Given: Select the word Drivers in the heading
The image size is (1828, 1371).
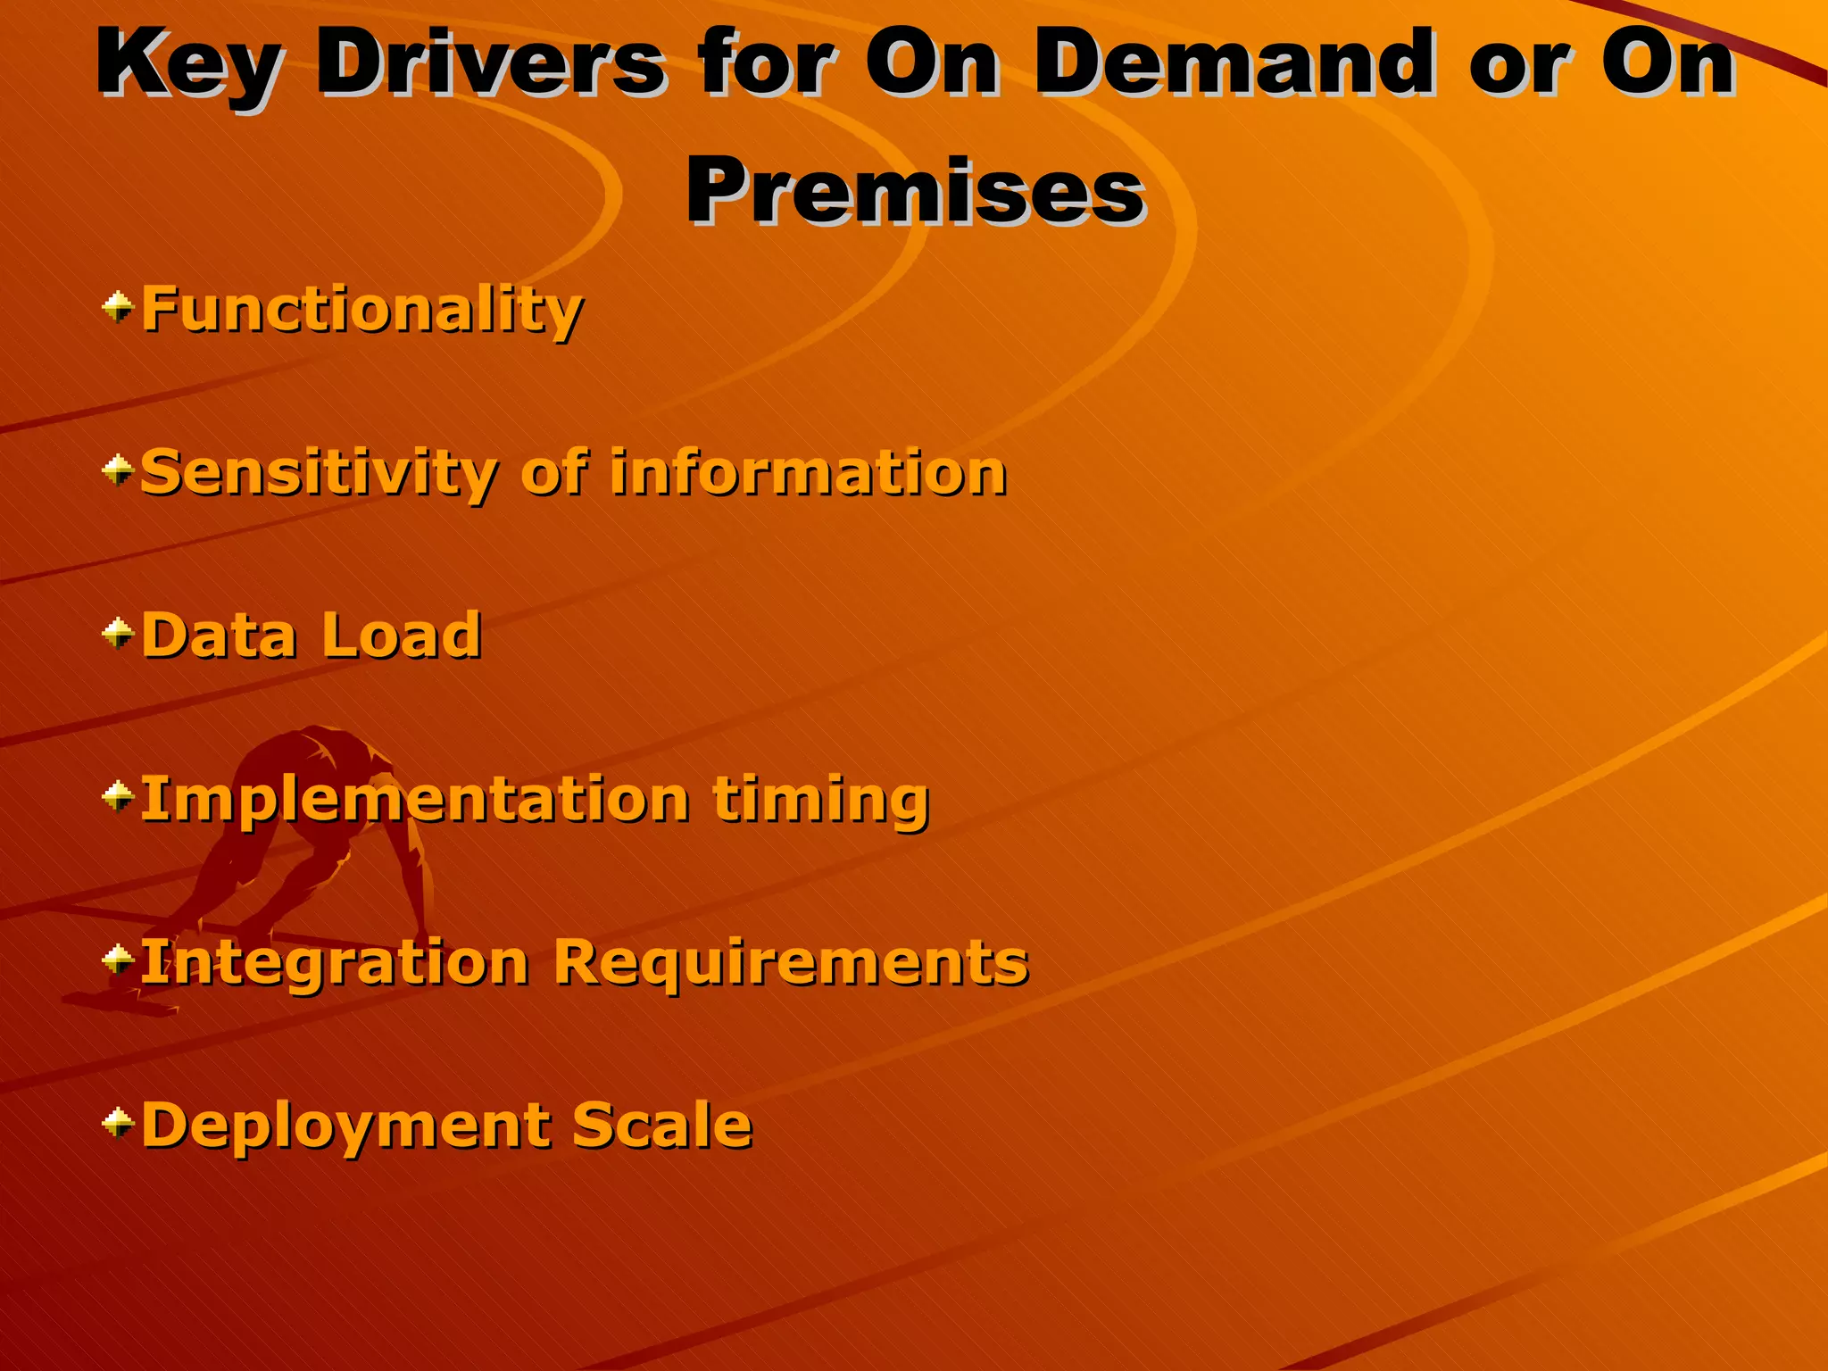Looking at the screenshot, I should pyautogui.click(x=491, y=64).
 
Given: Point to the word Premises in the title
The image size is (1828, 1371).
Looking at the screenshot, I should pyautogui.click(x=915, y=191).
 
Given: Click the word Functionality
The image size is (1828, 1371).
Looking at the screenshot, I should pyautogui.click(x=361, y=310).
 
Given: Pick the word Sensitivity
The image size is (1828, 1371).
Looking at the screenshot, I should pyautogui.click(x=319, y=473).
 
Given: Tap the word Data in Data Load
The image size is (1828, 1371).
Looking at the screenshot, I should pyautogui.click(x=220, y=636).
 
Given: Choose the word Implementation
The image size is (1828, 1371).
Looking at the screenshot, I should pyautogui.click(x=415, y=800).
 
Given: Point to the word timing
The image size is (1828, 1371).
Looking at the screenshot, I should pyautogui.click(x=821, y=800).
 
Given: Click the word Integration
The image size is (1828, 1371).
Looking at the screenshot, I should pyautogui.click(x=335, y=962).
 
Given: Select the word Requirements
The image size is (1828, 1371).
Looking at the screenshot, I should pyautogui.click(x=791, y=962).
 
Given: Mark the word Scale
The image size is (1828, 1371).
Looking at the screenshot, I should pyautogui.click(x=661, y=1125).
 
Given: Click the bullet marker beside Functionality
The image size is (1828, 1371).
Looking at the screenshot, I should pyautogui.click(x=118, y=308).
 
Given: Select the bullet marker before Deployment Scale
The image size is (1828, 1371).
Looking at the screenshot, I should pyautogui.click(x=118, y=1123).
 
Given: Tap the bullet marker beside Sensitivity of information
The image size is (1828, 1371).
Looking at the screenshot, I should pyautogui.click(x=118, y=470).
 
